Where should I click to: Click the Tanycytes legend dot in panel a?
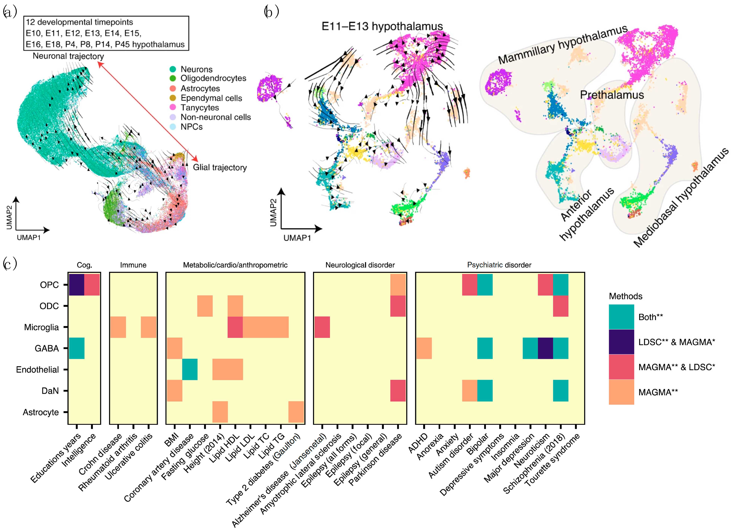pos(173,107)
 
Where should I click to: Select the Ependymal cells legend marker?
pos(173,98)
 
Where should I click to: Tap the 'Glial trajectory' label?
pos(220,167)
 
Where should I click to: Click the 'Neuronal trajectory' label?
pos(68,56)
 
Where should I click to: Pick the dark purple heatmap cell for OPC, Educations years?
pos(77,285)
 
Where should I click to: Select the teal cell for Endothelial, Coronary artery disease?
pos(190,369)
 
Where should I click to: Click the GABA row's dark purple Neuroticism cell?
pos(545,348)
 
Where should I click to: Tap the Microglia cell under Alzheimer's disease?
pos(322,327)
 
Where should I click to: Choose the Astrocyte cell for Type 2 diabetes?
pos(296,412)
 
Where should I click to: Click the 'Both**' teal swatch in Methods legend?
pos(621,317)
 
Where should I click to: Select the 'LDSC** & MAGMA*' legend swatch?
pos(621,342)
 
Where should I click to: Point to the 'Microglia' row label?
pos(42,327)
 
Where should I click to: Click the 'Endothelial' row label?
pos(37,370)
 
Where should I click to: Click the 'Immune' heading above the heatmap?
pos(133,265)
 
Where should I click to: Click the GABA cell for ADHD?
pos(424,348)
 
